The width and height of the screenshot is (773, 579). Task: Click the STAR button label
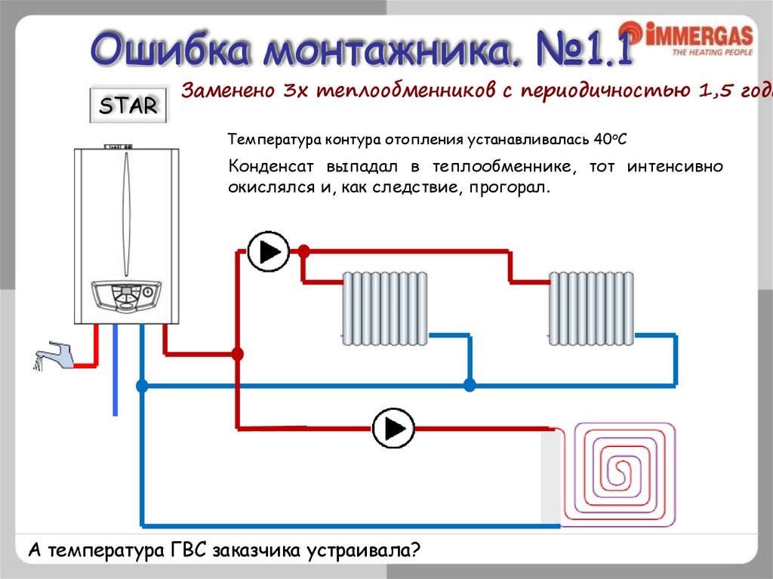click(x=129, y=106)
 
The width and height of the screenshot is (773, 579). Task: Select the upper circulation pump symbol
click(x=268, y=251)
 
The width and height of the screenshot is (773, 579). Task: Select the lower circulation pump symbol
click(x=393, y=429)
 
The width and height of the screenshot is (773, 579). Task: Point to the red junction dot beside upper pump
click(x=303, y=251)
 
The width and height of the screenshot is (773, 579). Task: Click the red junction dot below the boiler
click(x=238, y=353)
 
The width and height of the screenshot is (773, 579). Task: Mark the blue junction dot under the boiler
click(x=142, y=386)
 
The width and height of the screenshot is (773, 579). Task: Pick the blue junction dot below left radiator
click(x=470, y=386)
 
